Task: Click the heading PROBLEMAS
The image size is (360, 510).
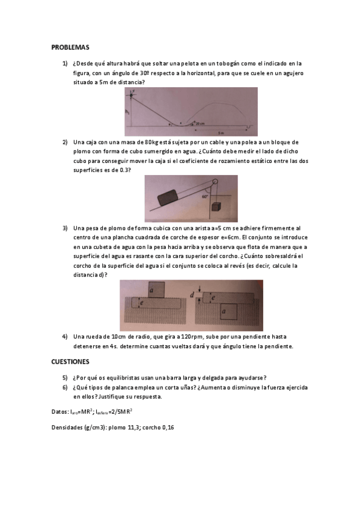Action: (70, 46)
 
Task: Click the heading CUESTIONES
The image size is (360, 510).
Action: (70, 361)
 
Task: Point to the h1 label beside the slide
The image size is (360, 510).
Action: (127, 112)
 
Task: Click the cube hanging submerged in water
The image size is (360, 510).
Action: (215, 207)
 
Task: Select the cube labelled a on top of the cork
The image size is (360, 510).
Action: (155, 290)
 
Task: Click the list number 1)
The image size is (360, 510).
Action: (65, 63)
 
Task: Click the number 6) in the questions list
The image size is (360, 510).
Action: (65, 387)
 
